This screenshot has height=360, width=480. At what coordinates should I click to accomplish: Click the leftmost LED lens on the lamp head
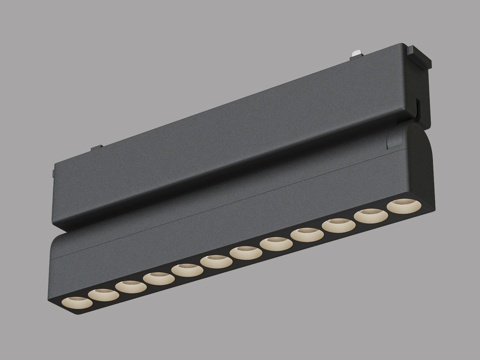tap(75, 301)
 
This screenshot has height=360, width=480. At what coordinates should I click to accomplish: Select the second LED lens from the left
tap(102, 294)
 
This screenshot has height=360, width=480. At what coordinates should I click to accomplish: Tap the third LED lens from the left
tap(130, 286)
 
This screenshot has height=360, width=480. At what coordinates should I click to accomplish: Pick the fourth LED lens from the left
tap(158, 278)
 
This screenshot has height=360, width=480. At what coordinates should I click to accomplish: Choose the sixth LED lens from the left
tap(215, 261)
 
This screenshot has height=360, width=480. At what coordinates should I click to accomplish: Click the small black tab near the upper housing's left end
tap(98, 150)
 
